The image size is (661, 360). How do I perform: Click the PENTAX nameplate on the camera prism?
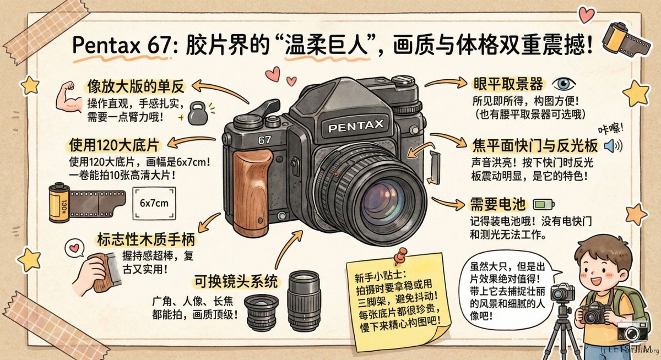tap(356, 126)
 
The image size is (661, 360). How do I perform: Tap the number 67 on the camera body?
tap(264, 140)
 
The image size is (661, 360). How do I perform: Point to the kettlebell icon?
tap(197, 113)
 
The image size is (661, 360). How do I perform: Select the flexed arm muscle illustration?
tap(69, 97)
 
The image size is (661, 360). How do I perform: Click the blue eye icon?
tap(564, 84)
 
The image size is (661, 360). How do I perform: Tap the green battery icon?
tap(544, 204)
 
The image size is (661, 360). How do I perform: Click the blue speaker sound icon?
tap(613, 146)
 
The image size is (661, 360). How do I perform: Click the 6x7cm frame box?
tap(154, 203)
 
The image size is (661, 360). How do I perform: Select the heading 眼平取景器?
tap(508, 84)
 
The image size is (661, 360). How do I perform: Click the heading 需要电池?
tap(498, 204)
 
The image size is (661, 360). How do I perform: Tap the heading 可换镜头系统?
tap(236, 281)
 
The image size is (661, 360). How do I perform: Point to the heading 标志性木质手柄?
tap(146, 239)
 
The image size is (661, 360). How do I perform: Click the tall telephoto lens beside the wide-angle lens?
tap(304, 301)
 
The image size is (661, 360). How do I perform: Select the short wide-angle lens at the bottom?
tap(262, 313)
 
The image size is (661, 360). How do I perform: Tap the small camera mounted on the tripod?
tap(563, 291)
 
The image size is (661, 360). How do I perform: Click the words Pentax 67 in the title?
tap(122, 45)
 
